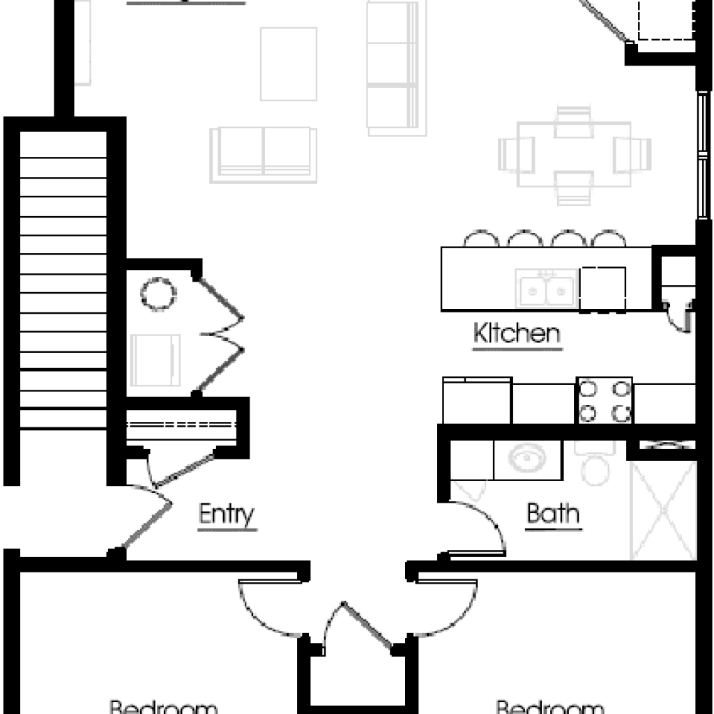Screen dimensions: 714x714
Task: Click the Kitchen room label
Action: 517,333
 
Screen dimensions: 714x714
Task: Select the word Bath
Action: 553,514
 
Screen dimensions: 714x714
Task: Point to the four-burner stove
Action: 604,401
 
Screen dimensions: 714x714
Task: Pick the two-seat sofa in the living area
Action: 263,153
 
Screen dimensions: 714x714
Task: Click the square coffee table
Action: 288,63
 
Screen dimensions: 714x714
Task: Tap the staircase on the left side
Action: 63,279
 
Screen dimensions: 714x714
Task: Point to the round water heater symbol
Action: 158,294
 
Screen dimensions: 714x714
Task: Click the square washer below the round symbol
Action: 156,360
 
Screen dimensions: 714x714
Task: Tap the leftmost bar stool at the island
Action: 481,239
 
